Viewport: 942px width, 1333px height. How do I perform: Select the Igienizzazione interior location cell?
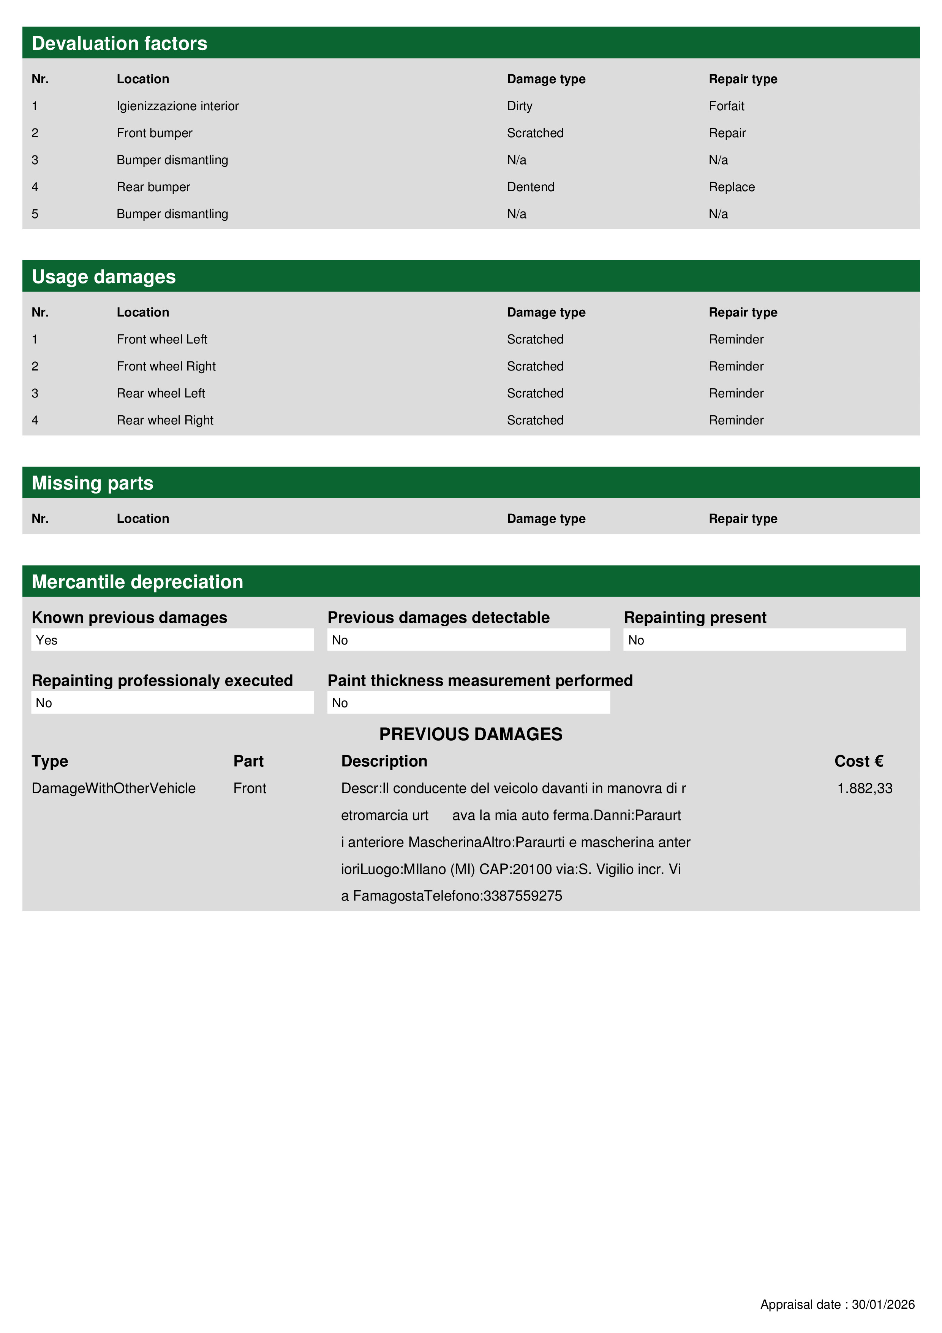[178, 106]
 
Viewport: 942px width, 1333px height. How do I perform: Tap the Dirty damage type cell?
[520, 106]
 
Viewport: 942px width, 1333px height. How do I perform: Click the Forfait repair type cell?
[726, 106]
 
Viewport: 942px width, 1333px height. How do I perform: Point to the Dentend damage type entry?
[531, 187]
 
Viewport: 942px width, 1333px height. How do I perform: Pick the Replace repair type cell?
[731, 187]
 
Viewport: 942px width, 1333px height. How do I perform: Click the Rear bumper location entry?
[153, 187]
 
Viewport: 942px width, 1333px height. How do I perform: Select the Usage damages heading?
[103, 277]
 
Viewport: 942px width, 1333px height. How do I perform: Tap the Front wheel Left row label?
[162, 340]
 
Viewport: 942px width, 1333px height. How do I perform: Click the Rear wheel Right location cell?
[165, 420]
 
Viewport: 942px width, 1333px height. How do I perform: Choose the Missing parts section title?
[92, 483]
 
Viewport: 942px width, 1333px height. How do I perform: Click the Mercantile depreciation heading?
[137, 582]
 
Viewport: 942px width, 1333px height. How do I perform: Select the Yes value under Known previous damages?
[46, 640]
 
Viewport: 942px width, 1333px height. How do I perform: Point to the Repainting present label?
[695, 618]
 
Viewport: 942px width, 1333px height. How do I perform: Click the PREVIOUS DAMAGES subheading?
[471, 735]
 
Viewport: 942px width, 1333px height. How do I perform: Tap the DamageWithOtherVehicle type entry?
[114, 788]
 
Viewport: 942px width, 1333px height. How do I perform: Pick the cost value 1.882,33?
[864, 788]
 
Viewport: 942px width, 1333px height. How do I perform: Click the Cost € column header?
[858, 761]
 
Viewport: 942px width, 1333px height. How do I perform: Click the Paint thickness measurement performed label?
[480, 681]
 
